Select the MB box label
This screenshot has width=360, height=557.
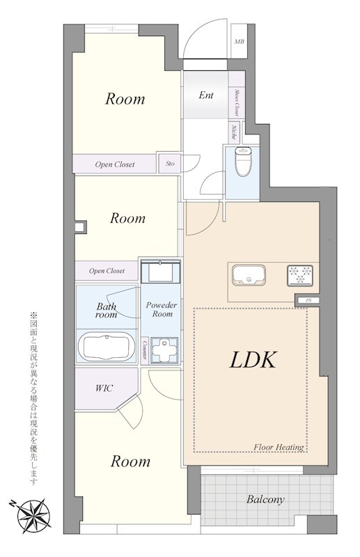pos(240,42)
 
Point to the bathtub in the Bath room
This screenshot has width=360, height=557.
pos(107,346)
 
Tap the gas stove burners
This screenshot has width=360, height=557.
pos(301,275)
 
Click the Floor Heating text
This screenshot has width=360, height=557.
pos(279,447)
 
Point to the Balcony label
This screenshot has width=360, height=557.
pos(265,499)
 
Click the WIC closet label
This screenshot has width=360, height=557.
pos(104,388)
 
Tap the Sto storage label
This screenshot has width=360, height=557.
pos(170,164)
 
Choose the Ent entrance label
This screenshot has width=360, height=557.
pos(206,95)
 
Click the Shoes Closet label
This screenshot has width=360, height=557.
pos(237,102)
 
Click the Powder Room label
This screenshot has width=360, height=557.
pos(160,310)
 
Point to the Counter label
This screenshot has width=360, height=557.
pos(144,346)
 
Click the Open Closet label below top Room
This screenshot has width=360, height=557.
pos(115,165)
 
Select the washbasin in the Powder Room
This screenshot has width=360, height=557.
pos(161,271)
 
